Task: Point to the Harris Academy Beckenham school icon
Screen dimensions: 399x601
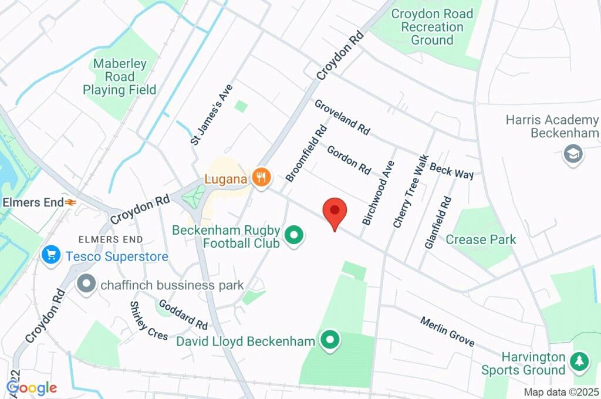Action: (570, 154)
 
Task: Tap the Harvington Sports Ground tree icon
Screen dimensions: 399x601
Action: (580, 361)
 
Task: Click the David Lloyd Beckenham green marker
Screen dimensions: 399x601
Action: (330, 340)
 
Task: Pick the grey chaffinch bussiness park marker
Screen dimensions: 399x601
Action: (86, 284)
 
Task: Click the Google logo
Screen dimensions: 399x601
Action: (32, 387)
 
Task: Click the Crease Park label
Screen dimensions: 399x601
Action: (481, 239)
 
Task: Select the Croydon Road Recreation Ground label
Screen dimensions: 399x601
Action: (432, 27)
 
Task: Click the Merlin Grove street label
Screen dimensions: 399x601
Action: (447, 332)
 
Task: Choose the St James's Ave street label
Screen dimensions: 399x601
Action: (212, 114)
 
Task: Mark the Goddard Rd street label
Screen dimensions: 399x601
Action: (183, 315)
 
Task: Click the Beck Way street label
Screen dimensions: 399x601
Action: (451, 171)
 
